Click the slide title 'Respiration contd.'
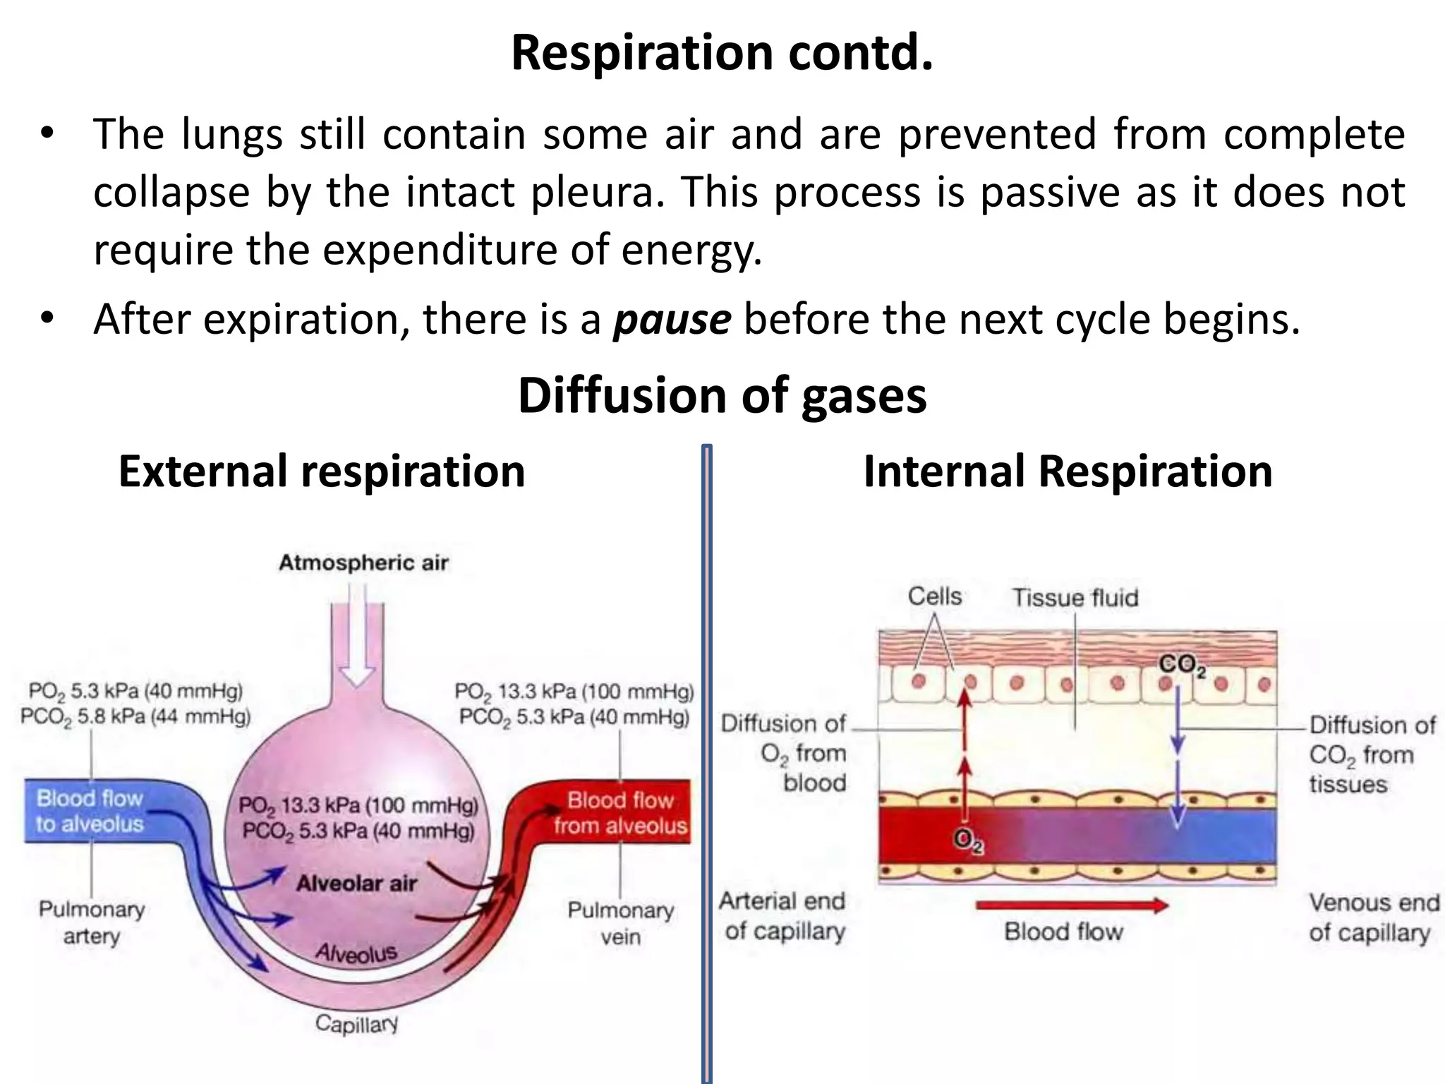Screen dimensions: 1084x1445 (722, 53)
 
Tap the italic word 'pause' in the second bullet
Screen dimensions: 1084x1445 (672, 319)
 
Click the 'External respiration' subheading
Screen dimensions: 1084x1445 (322, 471)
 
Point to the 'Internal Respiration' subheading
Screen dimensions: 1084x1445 (1068, 471)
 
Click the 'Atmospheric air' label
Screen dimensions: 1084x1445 (363, 562)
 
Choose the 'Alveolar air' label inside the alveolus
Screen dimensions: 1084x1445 (356, 883)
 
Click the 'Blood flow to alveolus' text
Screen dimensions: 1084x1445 (90, 811)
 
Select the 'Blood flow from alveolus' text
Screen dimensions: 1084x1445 (620, 813)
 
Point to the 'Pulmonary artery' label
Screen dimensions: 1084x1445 (92, 922)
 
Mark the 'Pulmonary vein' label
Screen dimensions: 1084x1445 (620, 923)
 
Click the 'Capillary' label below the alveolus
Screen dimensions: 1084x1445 (356, 1023)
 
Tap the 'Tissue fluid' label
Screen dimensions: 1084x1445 (1075, 598)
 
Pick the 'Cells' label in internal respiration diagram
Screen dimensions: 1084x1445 (934, 596)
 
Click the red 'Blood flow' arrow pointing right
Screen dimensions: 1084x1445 (1071, 905)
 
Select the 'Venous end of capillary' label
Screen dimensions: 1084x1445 (1373, 917)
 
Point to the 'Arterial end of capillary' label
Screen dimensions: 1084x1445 (783, 916)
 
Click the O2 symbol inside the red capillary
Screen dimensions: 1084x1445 (967, 841)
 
